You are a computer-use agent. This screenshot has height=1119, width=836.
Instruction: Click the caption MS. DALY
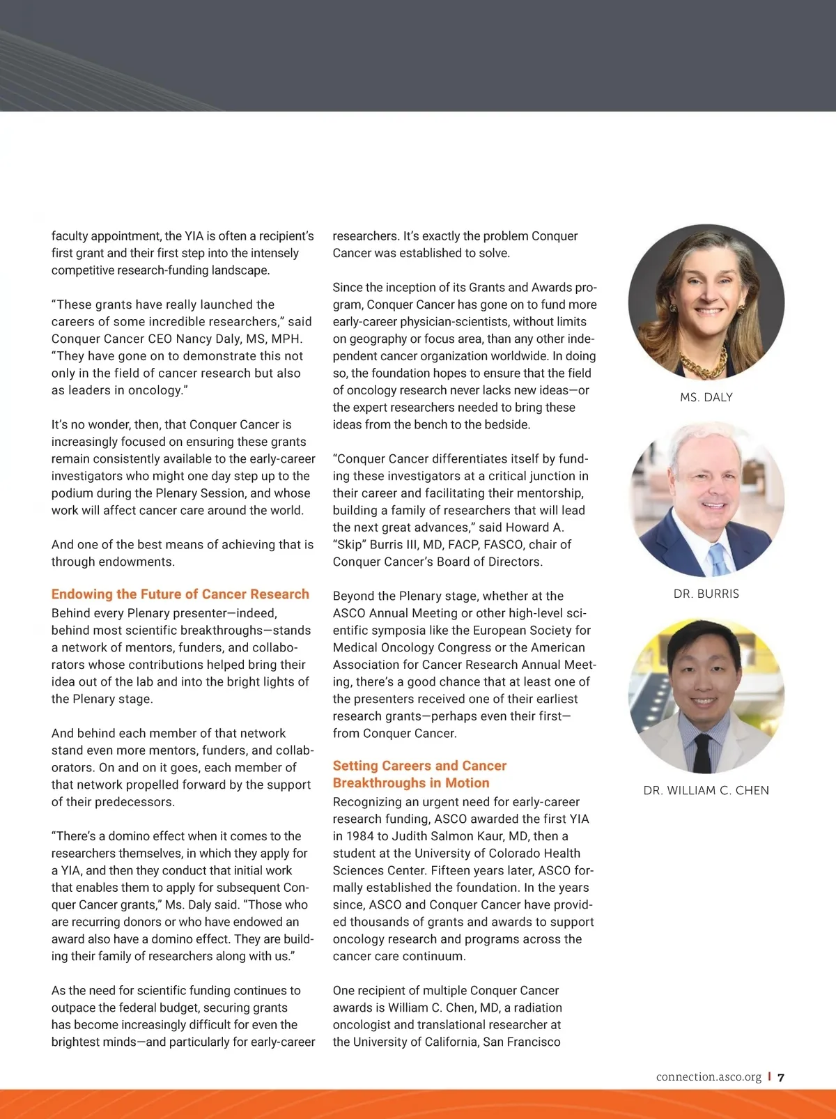pyautogui.click(x=706, y=397)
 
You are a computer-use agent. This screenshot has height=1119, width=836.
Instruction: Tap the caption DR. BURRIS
pyautogui.click(x=706, y=594)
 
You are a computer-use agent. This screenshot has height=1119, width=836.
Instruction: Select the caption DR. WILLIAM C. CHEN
pyautogui.click(x=706, y=790)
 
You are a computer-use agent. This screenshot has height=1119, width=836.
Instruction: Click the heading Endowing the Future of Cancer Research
pyautogui.click(x=180, y=594)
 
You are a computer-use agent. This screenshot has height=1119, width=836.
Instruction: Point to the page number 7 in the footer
pyautogui.click(x=781, y=1077)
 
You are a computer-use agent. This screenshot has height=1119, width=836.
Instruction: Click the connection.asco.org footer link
pyautogui.click(x=709, y=1077)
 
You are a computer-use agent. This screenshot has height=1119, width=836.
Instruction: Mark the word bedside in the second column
pyautogui.click(x=506, y=425)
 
